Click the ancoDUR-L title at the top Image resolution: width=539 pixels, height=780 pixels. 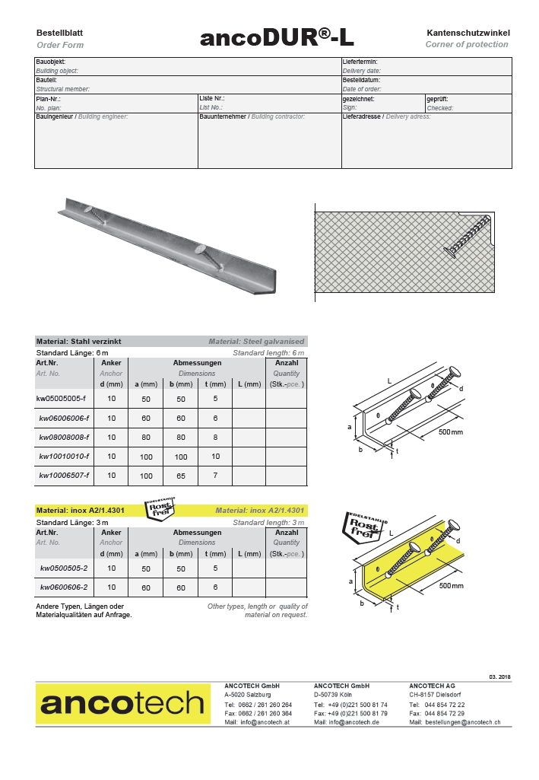(277, 37)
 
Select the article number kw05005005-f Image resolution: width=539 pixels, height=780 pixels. (62, 398)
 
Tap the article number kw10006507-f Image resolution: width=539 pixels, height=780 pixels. (65, 476)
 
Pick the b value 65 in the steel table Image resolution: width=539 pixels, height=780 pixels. (181, 476)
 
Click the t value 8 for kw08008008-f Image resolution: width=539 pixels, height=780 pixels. (216, 438)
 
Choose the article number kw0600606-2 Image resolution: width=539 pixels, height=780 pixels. (64, 587)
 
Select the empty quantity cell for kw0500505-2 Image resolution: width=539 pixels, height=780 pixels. (287, 568)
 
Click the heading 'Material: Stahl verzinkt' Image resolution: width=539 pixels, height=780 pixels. (79, 342)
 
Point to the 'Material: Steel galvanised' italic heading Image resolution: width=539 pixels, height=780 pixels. (256, 342)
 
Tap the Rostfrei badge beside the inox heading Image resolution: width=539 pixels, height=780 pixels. (160, 508)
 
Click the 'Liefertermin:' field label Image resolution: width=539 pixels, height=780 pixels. (360, 62)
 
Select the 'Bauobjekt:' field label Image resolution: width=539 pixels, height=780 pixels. (51, 62)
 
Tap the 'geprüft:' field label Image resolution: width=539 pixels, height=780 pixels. (438, 99)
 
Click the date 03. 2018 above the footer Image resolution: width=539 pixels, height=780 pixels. (499, 677)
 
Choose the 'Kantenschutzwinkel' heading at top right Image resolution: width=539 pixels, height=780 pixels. (468, 33)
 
